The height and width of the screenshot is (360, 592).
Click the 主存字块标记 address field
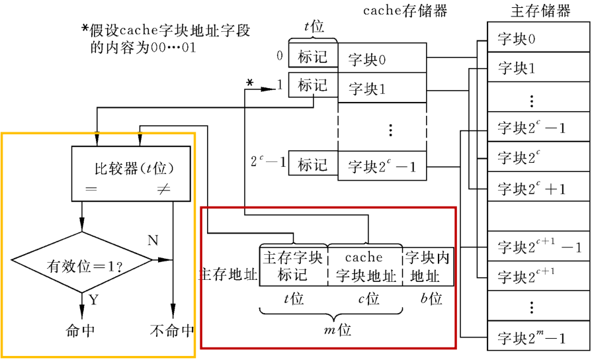[293, 266]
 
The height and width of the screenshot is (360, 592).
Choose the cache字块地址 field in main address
[364, 266]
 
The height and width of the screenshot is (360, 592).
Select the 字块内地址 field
[427, 266]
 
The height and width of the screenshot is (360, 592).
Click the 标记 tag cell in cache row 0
[312, 57]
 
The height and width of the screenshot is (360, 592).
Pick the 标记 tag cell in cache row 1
[312, 85]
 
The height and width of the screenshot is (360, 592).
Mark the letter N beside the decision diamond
[153, 240]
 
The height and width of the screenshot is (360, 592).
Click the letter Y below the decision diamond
[93, 300]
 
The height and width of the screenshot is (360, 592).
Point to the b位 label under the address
[431, 298]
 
